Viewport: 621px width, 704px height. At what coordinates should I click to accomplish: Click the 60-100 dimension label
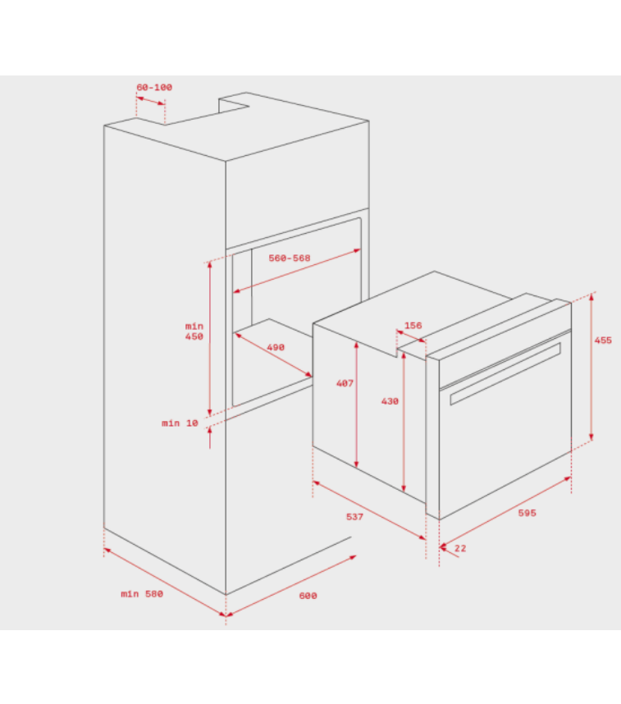point(154,87)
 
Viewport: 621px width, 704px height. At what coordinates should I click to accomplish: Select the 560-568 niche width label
point(290,258)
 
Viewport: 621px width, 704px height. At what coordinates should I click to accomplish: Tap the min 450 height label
point(194,331)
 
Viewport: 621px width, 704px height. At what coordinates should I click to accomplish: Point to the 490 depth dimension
point(276,347)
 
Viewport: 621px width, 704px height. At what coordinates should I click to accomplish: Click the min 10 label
point(180,423)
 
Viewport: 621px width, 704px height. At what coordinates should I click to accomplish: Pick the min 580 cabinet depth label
point(142,593)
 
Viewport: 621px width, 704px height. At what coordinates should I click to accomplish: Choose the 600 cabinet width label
point(308,596)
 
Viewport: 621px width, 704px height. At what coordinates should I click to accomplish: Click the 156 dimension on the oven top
point(413,325)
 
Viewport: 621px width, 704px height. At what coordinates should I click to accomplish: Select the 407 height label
point(345,383)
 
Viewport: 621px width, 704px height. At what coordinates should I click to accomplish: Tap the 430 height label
point(390,401)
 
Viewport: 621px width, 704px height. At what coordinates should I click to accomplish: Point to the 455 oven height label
point(603,341)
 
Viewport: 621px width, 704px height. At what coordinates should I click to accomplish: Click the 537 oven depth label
point(354,517)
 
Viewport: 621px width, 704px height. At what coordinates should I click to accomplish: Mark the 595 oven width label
point(527,513)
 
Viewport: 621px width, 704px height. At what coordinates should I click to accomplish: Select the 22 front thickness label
point(460,548)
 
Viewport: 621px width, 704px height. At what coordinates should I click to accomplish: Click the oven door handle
point(505,373)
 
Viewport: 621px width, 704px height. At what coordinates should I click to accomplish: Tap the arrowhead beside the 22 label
point(443,547)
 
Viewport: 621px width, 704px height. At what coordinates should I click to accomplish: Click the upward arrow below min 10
point(210,437)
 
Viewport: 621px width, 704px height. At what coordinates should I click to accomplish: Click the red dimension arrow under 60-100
point(150,101)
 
